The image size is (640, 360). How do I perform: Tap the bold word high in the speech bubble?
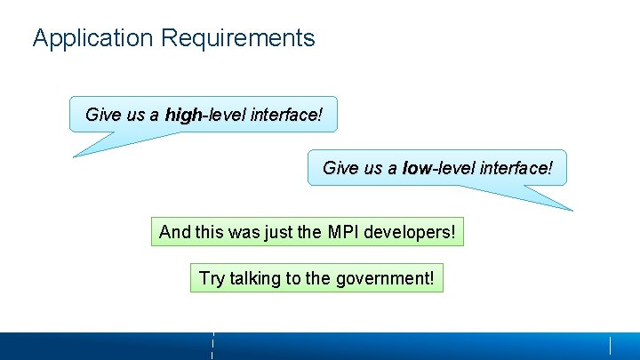tap(184, 115)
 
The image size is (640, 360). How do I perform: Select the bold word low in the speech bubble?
tap(416, 168)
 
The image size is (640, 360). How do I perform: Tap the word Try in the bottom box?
tap(212, 278)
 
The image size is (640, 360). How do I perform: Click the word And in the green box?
tap(174, 233)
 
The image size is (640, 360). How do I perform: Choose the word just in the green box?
tap(277, 233)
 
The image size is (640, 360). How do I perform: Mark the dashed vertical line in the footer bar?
tap(213, 345)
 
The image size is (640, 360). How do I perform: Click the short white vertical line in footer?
tap(610, 345)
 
